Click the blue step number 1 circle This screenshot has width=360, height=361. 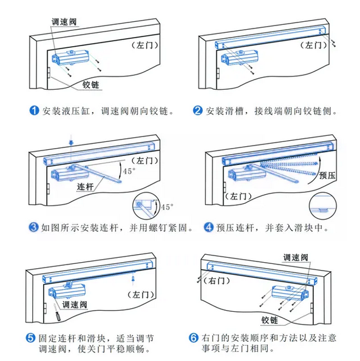pyautogui.click(x=35, y=111)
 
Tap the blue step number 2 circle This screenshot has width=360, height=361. pyautogui.click(x=197, y=111)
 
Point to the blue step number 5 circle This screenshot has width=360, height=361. pyautogui.click(x=30, y=337)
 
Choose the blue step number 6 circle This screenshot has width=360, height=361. pyautogui.click(x=192, y=337)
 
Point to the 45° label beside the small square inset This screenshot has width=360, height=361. pyautogui.click(x=166, y=206)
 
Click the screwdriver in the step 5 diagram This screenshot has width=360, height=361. pyautogui.click(x=56, y=315)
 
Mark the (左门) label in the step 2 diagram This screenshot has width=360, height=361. pyautogui.click(x=314, y=45)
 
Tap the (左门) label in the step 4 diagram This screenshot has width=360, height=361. pyautogui.click(x=236, y=197)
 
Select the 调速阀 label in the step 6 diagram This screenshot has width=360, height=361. pyautogui.click(x=297, y=258)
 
